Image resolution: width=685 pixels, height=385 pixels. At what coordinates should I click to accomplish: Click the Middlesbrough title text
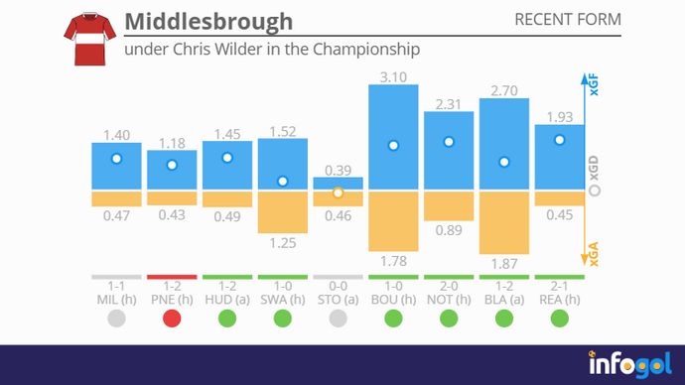point(208,21)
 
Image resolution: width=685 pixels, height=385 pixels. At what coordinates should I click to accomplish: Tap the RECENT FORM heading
point(568,20)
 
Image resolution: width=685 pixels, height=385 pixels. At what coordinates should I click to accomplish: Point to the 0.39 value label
point(338,170)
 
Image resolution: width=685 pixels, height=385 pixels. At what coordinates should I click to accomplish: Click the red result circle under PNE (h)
point(172,319)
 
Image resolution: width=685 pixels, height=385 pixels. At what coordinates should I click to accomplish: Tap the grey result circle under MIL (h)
point(116,319)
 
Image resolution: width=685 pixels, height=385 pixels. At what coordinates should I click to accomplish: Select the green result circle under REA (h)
point(560,319)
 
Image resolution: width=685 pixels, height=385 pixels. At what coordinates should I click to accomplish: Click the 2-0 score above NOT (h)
point(449,285)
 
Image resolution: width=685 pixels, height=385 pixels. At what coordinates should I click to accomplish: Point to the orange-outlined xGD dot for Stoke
point(338,192)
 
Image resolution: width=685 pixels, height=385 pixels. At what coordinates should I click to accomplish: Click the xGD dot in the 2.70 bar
point(504,162)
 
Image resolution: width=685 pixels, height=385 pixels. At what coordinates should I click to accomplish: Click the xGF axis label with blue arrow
point(594,87)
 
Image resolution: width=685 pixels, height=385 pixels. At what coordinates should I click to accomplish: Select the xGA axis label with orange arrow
point(594,256)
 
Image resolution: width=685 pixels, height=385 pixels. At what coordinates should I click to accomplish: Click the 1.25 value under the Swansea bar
point(283,242)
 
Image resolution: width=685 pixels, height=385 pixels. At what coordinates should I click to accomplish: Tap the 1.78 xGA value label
point(393,262)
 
